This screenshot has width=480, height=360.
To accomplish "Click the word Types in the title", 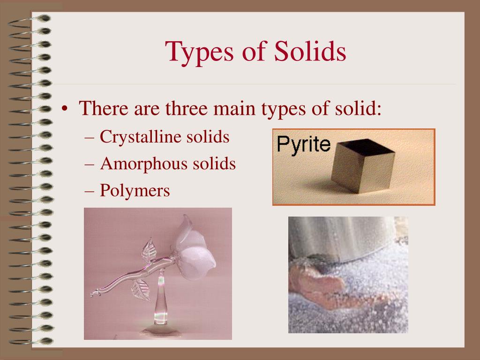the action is coord(199,52).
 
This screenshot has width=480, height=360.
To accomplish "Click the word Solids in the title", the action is coord(310,51).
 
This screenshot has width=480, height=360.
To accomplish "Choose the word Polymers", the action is coord(135,190).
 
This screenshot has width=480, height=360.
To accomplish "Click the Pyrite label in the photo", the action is coord(303,144).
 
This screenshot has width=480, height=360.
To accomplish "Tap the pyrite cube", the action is coord(363,165).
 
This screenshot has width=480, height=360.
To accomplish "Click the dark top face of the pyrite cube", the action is coord(365,146).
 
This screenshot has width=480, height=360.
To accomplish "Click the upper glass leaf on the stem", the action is coord(149,249).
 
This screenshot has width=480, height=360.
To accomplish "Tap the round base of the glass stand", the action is coord(160,331).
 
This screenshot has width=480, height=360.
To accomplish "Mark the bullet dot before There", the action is coord(64,108).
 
